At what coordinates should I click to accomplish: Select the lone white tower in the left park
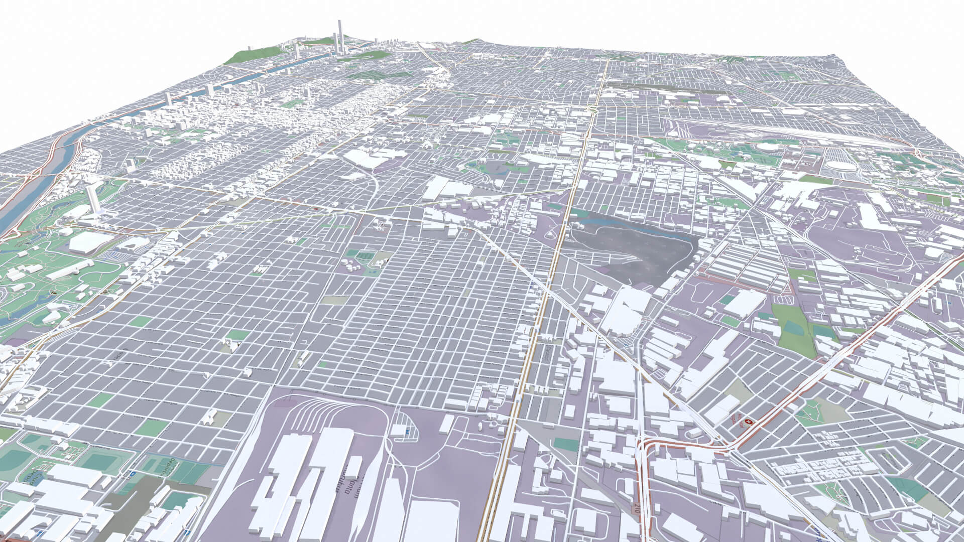coord(92,199)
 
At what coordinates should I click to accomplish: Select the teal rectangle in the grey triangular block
coord(566,444)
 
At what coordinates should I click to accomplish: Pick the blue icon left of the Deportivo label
coord(133,473)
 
